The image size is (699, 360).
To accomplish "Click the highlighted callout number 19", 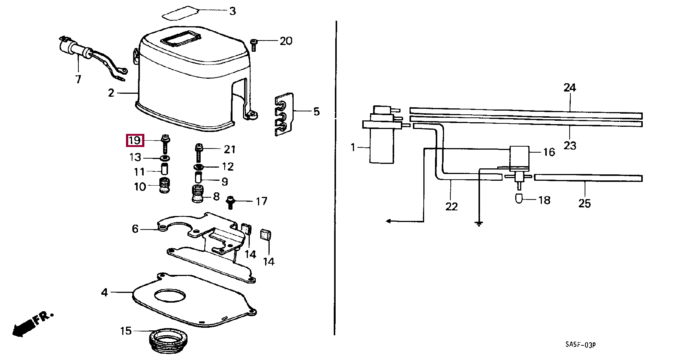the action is coord(134,141).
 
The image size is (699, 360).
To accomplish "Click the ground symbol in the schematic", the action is coord(479,224).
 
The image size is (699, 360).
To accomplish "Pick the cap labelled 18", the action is coord(519,198).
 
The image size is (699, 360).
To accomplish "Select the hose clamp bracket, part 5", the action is coord(284,114).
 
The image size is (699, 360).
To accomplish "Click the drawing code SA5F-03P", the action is coord(580,345).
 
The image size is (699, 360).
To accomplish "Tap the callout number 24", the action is coord(570,88).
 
